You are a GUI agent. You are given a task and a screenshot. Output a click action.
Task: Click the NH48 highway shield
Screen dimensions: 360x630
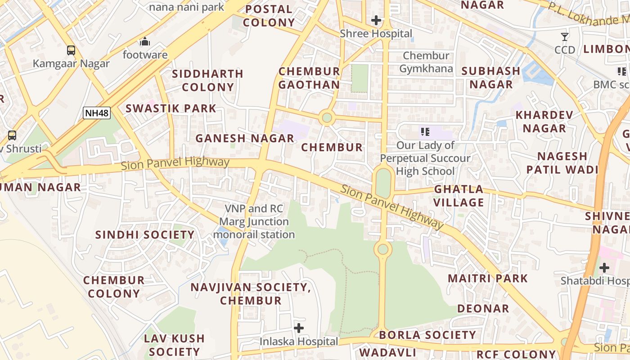coord(97,113)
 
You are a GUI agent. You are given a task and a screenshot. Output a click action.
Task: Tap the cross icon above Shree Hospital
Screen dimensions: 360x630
coord(376,20)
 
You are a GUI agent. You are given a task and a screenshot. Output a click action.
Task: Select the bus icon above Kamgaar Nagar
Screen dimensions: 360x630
coord(71,50)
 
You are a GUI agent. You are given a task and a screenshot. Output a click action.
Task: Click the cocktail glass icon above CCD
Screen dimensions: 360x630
coord(565,37)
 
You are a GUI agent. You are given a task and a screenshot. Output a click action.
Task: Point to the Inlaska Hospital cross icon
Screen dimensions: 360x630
coord(299,328)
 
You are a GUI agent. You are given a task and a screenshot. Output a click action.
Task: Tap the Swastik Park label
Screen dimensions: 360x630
coord(171,108)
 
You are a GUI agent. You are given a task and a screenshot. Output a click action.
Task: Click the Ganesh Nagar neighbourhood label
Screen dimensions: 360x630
coord(245,139)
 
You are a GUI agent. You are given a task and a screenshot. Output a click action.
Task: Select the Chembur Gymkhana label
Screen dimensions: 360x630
coord(426,62)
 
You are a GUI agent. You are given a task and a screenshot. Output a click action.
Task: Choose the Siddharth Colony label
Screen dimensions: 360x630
coord(207,80)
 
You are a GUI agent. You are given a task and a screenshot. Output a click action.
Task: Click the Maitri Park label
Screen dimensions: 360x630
coord(488,278)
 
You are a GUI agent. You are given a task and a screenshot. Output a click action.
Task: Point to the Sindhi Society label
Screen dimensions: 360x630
coord(145,235)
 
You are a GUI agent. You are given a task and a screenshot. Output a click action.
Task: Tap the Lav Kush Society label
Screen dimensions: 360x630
coord(174,345)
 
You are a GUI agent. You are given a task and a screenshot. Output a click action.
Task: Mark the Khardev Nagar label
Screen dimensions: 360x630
coord(544,121)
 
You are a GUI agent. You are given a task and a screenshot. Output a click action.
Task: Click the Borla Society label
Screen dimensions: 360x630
coord(427,335)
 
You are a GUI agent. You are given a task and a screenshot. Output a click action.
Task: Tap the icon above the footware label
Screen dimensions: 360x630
coord(145,42)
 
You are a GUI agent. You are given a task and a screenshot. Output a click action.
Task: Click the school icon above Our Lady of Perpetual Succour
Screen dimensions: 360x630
coord(425,132)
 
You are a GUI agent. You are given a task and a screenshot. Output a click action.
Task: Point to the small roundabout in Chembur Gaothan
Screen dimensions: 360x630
coord(327,118)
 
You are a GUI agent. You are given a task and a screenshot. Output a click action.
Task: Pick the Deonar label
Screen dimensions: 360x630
coord(483,309)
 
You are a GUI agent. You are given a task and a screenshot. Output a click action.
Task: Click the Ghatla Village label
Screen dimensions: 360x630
coord(459,196)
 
